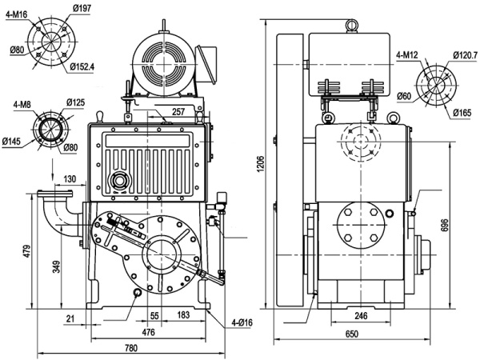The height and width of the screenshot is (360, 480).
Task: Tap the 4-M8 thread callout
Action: [24, 105]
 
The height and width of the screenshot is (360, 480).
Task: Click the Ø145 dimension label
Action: [12, 142]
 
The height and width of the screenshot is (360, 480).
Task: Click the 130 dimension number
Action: [70, 179]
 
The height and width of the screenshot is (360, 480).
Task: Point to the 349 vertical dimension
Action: [56, 267]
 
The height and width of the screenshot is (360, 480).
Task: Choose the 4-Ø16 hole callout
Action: [242, 322]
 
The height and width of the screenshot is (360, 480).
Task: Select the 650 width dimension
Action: [351, 334]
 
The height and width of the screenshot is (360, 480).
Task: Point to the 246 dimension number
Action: [361, 317]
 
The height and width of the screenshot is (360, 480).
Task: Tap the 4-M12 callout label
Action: [407, 55]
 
